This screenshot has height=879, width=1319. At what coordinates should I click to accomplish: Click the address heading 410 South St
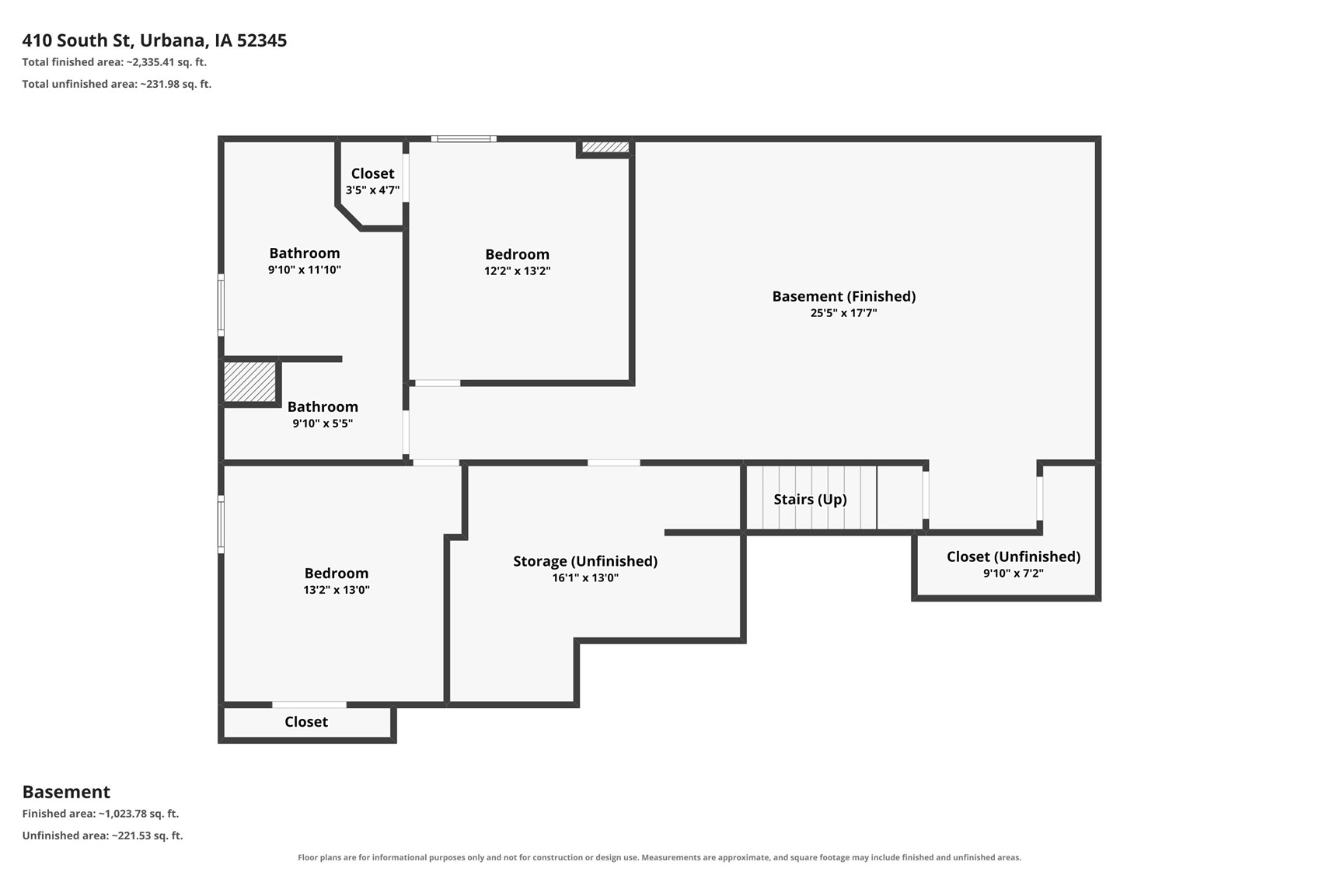(154, 40)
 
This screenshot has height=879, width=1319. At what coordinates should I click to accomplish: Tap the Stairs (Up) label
(810, 499)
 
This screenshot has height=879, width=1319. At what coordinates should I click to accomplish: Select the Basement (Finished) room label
(844, 296)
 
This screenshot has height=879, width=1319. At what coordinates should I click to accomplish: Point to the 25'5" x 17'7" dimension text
(844, 313)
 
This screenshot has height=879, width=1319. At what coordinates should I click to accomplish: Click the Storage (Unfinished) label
(585, 561)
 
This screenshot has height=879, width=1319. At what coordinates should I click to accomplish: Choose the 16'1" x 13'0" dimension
(585, 578)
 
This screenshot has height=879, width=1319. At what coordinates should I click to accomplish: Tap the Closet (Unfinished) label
(1014, 557)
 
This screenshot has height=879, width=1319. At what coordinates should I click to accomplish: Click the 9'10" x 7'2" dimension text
(1014, 574)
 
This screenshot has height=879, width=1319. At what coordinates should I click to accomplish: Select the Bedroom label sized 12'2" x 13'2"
(517, 254)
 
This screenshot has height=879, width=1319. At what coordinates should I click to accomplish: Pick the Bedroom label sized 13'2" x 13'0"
(337, 574)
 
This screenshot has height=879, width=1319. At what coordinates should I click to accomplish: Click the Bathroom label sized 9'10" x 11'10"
(305, 253)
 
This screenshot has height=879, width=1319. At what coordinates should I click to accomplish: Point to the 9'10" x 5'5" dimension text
(323, 424)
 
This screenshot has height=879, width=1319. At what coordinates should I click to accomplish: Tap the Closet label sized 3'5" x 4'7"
(373, 173)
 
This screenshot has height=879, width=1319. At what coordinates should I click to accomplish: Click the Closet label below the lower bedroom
(306, 722)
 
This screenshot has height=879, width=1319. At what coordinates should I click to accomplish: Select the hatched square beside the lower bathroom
(249, 382)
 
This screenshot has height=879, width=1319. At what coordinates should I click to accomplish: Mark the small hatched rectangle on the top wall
(605, 147)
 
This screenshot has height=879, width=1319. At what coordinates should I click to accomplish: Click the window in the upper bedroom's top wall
(463, 139)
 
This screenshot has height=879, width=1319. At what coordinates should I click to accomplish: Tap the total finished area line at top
(114, 62)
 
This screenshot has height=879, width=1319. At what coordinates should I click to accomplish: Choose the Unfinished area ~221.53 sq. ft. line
(103, 835)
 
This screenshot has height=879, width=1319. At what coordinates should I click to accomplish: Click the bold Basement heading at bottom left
(67, 792)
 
